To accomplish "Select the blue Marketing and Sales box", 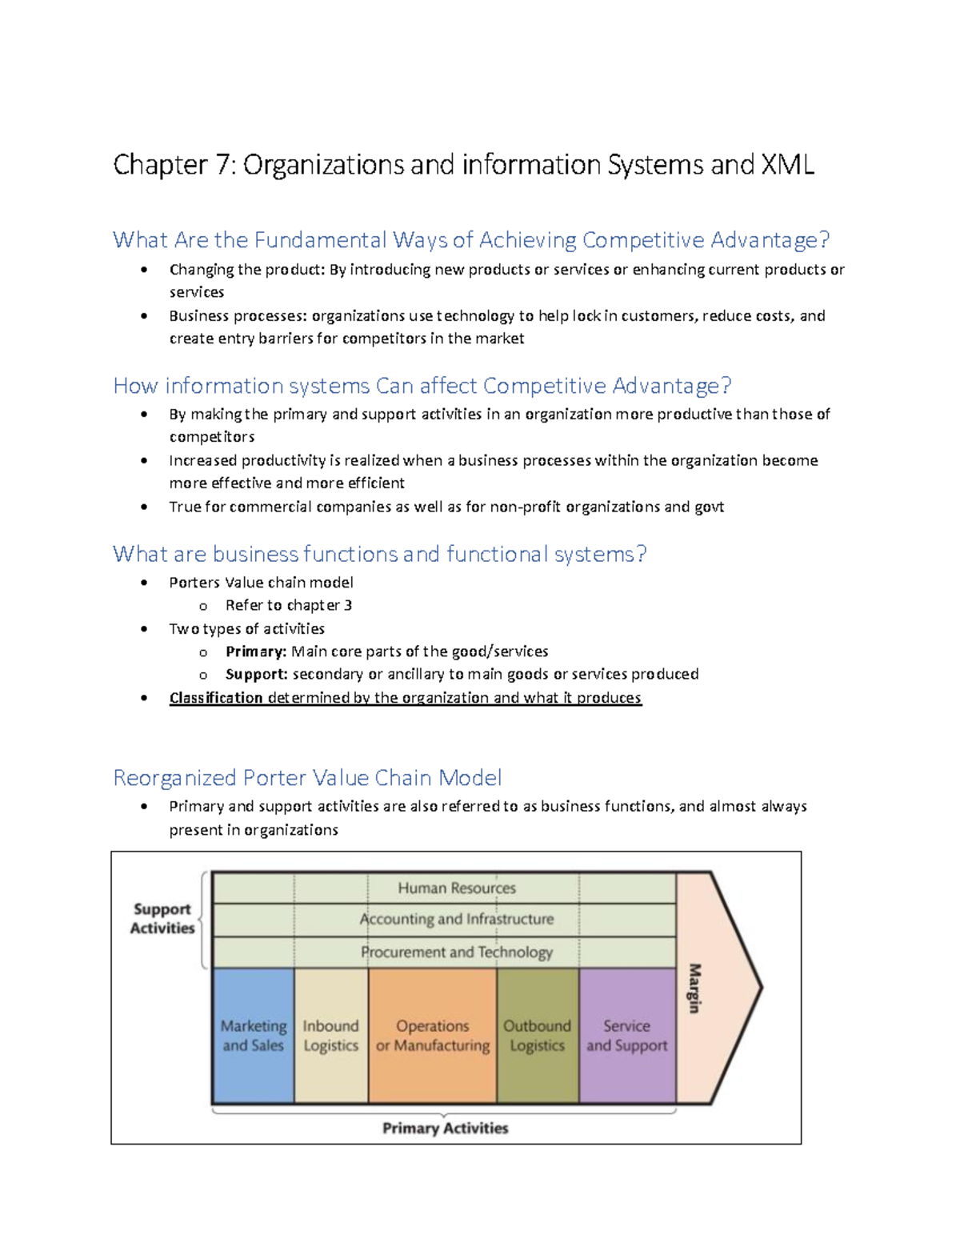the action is coord(254,1036).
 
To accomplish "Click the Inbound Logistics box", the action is coord(331,1036).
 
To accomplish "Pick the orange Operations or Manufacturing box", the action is coord(433,1036).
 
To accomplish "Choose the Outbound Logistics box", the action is coord(538,1036).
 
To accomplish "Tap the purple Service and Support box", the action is coord(627,1036).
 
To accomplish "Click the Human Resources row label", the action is coord(457,888).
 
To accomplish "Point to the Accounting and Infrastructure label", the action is coord(457,919).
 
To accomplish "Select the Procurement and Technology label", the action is coord(457,952).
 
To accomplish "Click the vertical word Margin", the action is coord(694,988).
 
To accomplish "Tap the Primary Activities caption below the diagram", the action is coord(446,1128).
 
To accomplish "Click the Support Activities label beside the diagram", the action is coord(162,919).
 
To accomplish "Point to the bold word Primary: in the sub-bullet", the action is coord(256,652).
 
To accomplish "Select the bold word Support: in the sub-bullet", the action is coord(257,675).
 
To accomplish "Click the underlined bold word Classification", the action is coord(216,698).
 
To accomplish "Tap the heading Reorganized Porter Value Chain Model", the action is coord(308,778).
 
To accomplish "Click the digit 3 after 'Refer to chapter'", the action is coord(348,605).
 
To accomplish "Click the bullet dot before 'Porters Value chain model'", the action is coord(143,583).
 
